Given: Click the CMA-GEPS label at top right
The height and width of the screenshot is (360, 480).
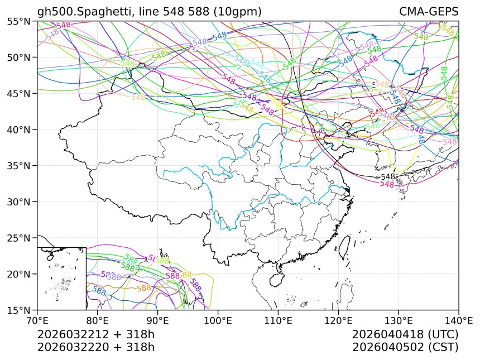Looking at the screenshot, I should tap(428, 12).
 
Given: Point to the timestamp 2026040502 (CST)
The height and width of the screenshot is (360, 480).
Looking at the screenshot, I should tap(405, 347).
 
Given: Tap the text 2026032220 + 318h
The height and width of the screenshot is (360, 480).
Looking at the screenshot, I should tap(95, 347).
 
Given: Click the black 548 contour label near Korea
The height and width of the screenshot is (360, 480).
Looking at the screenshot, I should tap(387, 176).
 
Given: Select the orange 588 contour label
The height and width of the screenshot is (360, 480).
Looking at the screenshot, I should tap(144, 289).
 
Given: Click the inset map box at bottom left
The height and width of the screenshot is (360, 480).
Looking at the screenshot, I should tap(61, 278).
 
